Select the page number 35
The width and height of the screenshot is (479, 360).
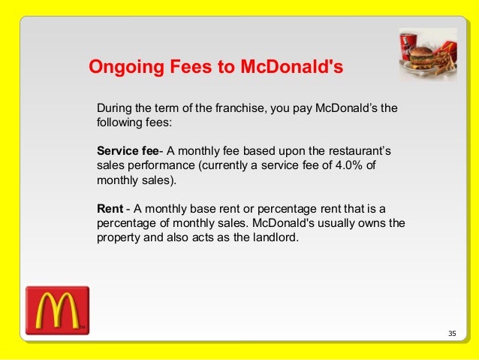451,333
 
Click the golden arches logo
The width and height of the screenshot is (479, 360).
57,310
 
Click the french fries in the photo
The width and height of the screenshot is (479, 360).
447,63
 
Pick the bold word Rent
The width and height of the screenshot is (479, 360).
110,208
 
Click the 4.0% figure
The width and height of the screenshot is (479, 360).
347,165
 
